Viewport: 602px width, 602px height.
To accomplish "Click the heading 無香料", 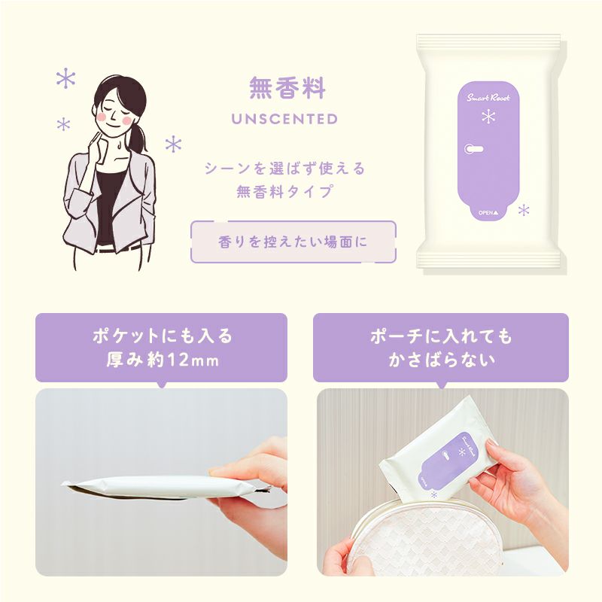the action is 287,88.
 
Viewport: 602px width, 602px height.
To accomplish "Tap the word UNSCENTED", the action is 284,119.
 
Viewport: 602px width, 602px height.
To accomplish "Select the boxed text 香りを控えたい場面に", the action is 293,242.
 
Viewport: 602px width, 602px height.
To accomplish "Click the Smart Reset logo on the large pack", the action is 488,98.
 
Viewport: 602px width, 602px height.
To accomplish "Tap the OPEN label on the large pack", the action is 488,212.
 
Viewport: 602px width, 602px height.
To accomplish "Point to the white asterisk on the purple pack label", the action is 488,117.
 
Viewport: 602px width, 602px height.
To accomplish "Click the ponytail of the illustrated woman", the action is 138,138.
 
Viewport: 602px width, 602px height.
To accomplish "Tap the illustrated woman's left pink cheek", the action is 102,117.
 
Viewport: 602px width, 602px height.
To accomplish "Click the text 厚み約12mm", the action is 163,360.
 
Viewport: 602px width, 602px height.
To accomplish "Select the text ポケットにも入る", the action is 163,336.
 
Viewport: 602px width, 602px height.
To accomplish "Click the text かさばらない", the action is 442,360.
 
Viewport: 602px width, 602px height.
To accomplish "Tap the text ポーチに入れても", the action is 442,336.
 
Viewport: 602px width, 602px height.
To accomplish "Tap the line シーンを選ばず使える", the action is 284,169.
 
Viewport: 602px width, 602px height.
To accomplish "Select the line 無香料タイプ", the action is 284,191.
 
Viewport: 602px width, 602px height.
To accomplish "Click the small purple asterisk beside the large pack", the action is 524,211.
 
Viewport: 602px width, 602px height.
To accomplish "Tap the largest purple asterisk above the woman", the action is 66,79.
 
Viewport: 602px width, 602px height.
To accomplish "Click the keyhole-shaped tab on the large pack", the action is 473,149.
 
